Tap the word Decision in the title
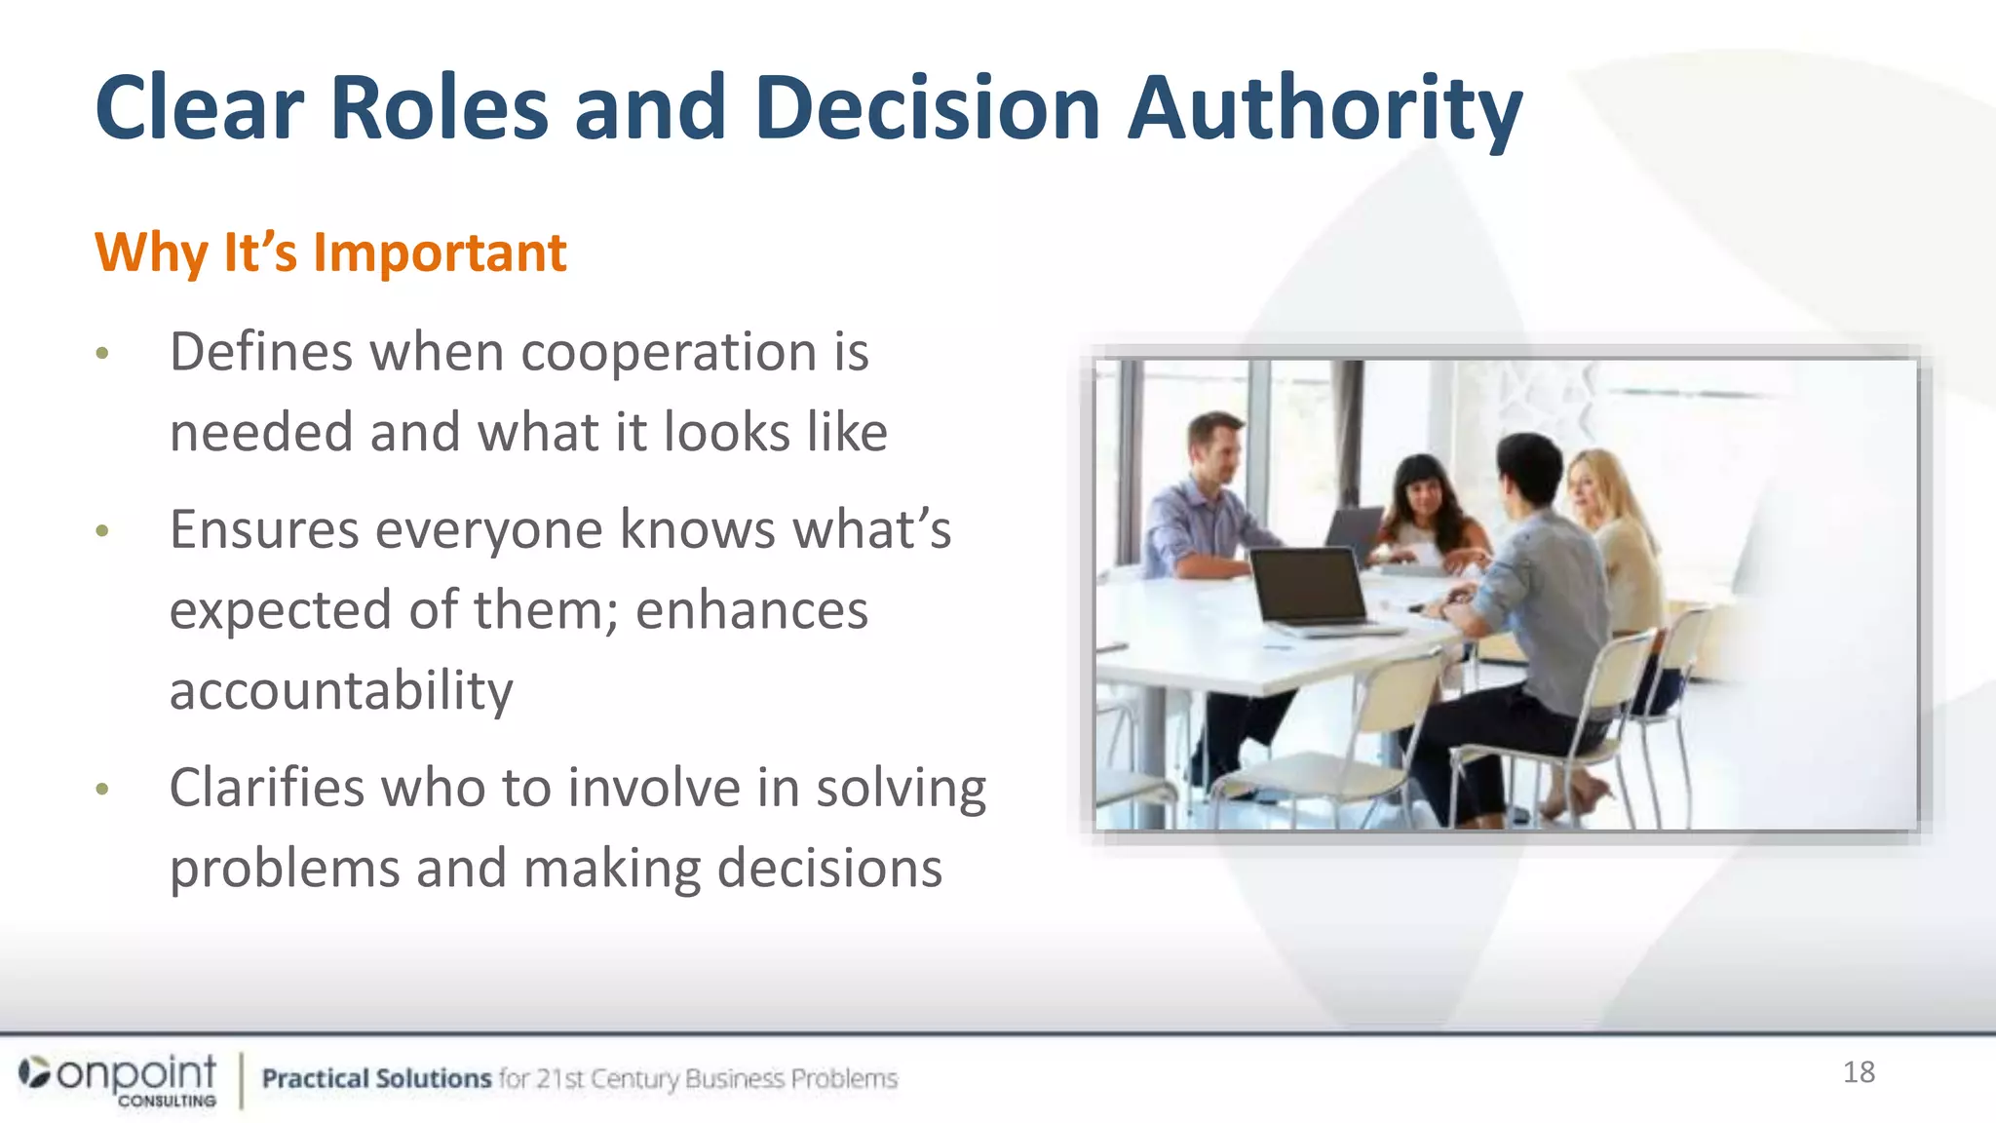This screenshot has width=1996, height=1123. [927, 109]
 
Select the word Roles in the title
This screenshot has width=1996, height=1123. [440, 109]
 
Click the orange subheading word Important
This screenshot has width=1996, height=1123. [440, 253]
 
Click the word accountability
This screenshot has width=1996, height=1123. [341, 691]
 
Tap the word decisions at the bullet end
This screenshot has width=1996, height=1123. [829, 869]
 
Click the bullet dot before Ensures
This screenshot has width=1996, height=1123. [102, 532]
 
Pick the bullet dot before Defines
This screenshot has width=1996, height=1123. [102, 354]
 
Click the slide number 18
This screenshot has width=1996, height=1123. [1859, 1072]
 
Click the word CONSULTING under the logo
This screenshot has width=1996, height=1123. [167, 1101]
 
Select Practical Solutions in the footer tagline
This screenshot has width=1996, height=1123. [376, 1078]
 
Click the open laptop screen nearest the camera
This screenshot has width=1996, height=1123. [1306, 585]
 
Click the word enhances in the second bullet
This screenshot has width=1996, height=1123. [751, 611]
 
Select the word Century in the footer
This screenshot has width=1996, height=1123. [634, 1078]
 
